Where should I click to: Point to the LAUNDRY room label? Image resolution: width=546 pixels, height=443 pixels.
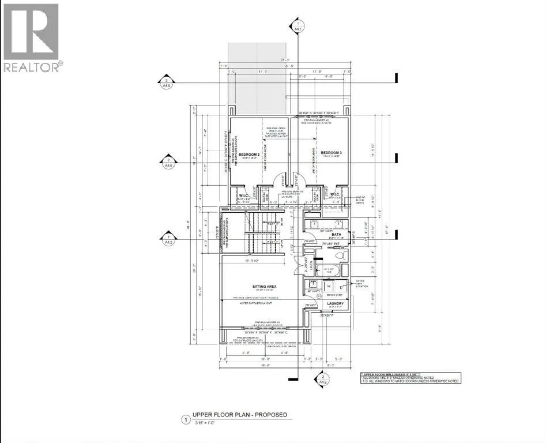tap(335, 303)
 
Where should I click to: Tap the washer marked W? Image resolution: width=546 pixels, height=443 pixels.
tap(329, 285)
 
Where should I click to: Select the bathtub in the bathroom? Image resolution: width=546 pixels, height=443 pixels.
tap(329, 269)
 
